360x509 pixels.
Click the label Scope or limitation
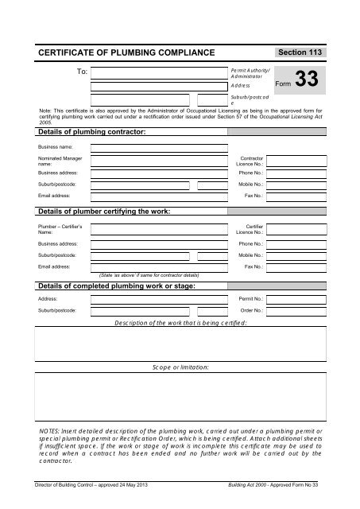click(x=180, y=367)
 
